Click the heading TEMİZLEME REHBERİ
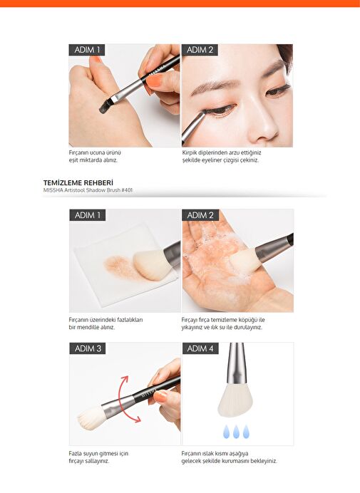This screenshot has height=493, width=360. click(x=78, y=182)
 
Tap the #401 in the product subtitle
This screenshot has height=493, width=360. click(x=127, y=190)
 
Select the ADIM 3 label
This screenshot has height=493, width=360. click(x=88, y=348)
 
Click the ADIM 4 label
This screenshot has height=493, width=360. click(x=200, y=348)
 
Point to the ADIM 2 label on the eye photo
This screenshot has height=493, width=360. click(x=200, y=50)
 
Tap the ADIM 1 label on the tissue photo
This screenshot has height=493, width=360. click(x=88, y=215)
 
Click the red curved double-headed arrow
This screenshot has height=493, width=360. click(x=126, y=399)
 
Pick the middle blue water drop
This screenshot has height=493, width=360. click(x=237, y=432)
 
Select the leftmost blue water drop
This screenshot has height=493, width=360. click(x=226, y=432)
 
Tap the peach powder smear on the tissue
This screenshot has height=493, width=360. click(x=120, y=267)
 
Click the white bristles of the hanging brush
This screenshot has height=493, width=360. click(x=235, y=400)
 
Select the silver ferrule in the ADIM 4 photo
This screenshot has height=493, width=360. click(x=236, y=364)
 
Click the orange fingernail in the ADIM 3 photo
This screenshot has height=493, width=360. click(x=160, y=397)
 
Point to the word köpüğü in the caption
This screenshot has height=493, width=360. click(x=248, y=320)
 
